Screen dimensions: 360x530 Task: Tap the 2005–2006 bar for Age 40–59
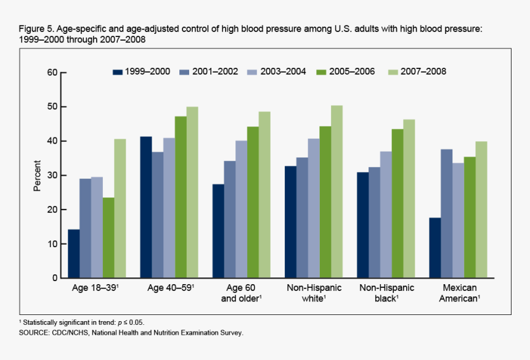click(x=181, y=197)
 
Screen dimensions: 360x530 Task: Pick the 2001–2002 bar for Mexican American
click(x=447, y=213)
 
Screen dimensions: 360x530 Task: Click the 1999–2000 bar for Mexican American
click(x=435, y=248)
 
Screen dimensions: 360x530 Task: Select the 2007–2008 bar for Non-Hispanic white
click(x=336, y=192)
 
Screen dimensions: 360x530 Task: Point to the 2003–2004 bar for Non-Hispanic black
click(x=385, y=215)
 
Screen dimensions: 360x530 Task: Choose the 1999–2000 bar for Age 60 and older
click(x=218, y=231)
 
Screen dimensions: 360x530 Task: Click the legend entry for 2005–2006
click(x=344, y=72)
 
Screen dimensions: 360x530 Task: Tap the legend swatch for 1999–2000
click(x=117, y=72)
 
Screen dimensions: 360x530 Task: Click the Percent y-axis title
click(x=37, y=176)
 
